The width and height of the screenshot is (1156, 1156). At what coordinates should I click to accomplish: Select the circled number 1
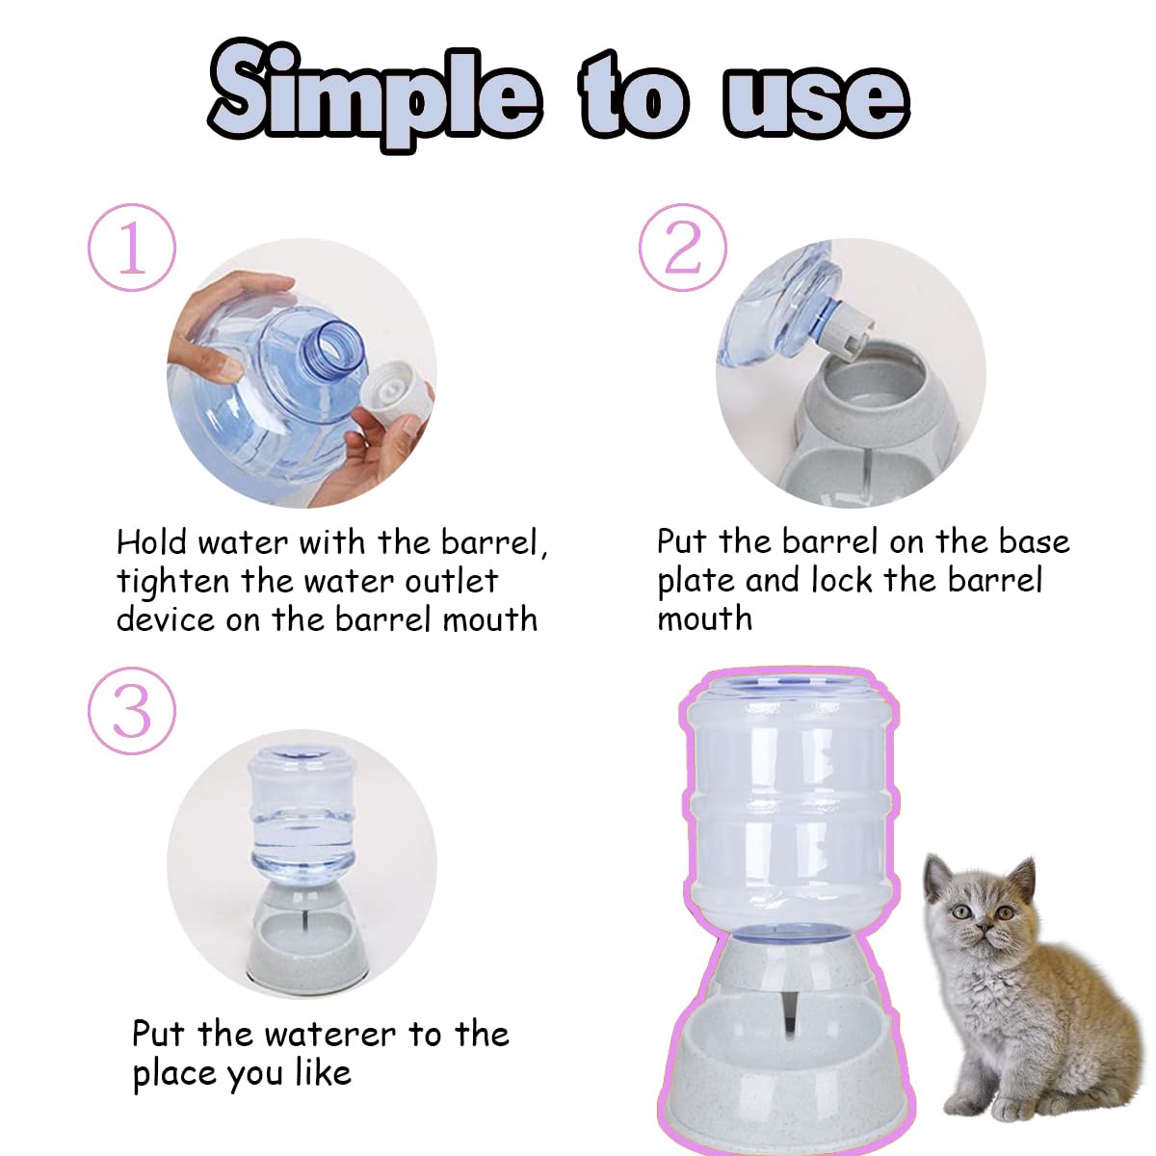[x=132, y=248]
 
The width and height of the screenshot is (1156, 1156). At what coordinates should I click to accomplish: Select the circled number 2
[x=683, y=248]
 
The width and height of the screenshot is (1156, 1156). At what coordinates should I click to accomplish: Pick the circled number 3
[x=132, y=712]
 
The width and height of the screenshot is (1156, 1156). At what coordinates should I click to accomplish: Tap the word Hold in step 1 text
[x=151, y=542]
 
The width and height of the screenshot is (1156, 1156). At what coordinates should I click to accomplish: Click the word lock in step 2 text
[x=841, y=580]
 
